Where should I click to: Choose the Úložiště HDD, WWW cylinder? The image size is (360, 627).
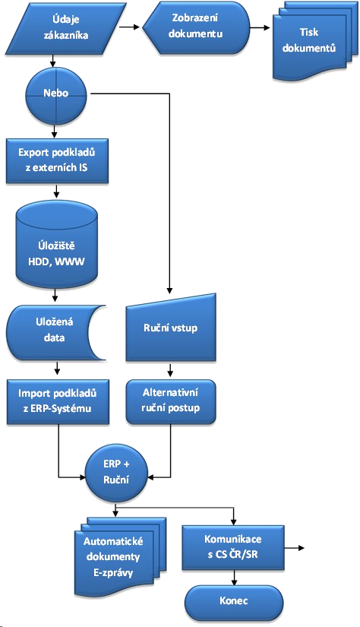(58, 246)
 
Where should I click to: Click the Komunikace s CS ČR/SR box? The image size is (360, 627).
(233, 545)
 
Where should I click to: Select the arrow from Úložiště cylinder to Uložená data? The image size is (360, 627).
(58, 296)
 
